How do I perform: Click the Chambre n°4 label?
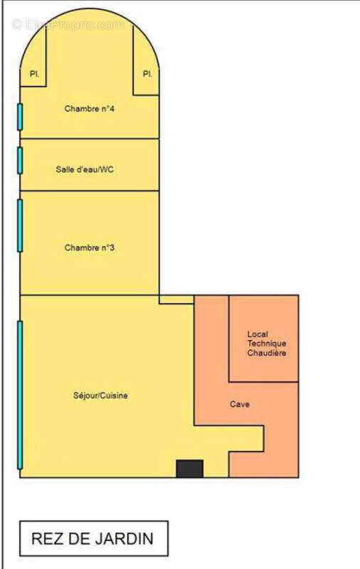click(89, 109)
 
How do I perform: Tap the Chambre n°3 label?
click(89, 248)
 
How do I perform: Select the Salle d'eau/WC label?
click(85, 169)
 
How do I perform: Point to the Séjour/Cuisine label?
click(100, 395)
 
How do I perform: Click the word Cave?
click(240, 404)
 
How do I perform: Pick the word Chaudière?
click(267, 353)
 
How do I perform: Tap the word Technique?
click(267, 344)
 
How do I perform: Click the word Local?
click(258, 334)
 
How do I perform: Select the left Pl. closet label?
click(34, 74)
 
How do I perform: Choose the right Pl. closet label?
click(147, 74)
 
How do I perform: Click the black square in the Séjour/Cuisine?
click(189, 469)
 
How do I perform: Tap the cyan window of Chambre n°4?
click(20, 117)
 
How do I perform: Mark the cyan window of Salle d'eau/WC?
click(20, 161)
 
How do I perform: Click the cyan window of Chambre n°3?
click(20, 225)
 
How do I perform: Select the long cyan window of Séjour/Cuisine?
click(20, 395)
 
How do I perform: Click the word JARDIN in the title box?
click(123, 538)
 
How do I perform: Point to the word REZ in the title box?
click(45, 538)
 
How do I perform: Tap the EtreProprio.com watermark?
click(68, 25)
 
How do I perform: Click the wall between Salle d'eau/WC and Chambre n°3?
click(90, 191)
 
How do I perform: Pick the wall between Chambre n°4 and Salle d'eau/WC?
click(90, 139)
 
